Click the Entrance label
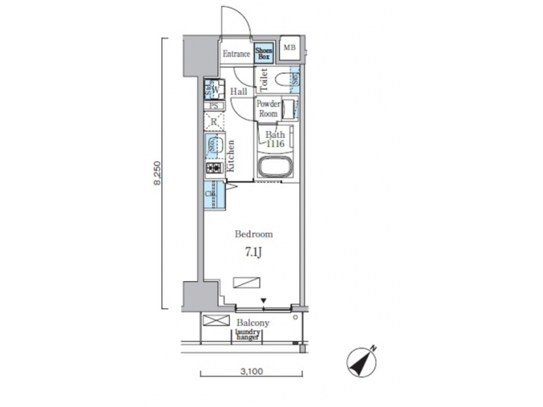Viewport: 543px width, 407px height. [x=236, y=54]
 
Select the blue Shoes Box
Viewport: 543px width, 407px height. [x=263, y=53]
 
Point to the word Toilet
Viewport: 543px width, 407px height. [x=264, y=78]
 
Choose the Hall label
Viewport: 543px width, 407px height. [x=239, y=92]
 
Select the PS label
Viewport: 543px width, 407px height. [x=213, y=106]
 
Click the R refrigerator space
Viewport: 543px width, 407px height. [x=213, y=122]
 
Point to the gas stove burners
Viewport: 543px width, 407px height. [x=213, y=167]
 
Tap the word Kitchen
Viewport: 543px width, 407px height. [x=231, y=157]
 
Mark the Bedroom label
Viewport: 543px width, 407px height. [x=253, y=234]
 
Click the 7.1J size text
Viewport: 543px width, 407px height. [x=253, y=252]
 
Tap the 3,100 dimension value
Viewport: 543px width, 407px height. [x=251, y=371]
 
